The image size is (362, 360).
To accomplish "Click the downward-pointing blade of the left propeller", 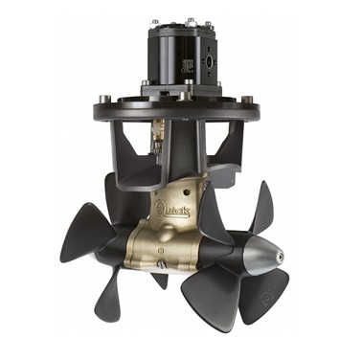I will (x=113, y=302).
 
